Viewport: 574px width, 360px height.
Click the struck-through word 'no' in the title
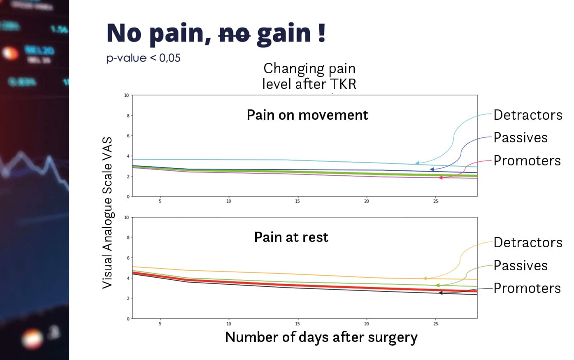pyautogui.click(x=235, y=33)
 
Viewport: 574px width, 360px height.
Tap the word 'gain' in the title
pyautogui.click(x=284, y=34)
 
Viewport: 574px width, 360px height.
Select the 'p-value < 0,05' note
pyautogui.click(x=143, y=58)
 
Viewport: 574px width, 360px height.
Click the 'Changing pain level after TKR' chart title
pyautogui.click(x=309, y=76)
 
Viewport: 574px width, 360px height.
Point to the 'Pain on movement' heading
pyautogui.click(x=307, y=115)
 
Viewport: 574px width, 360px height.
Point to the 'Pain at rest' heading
pyautogui.click(x=291, y=237)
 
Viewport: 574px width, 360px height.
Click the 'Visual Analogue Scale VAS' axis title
pyautogui.click(x=107, y=212)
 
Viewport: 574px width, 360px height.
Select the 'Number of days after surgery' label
pyautogui.click(x=321, y=337)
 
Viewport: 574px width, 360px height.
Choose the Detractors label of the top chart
pyautogui.click(x=528, y=115)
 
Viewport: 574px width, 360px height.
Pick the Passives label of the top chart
pyautogui.click(x=521, y=137)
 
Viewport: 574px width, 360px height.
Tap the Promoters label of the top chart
pyautogui.click(x=527, y=160)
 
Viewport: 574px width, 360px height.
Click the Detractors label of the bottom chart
pyautogui.click(x=528, y=242)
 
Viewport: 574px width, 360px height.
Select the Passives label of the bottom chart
pyautogui.click(x=521, y=265)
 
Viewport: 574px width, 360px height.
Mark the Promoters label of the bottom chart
pyautogui.click(x=527, y=288)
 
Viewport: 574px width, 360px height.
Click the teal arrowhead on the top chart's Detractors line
pyautogui.click(x=417, y=163)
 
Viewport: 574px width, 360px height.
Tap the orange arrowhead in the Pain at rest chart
pyautogui.click(x=425, y=279)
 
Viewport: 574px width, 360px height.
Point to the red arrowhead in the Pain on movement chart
pyautogui.click(x=440, y=178)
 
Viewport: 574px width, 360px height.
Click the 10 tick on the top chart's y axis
pyautogui.click(x=127, y=95)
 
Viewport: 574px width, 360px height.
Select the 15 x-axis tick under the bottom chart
pyautogui.click(x=297, y=324)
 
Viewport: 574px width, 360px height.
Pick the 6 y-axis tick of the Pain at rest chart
pyautogui.click(x=128, y=258)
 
